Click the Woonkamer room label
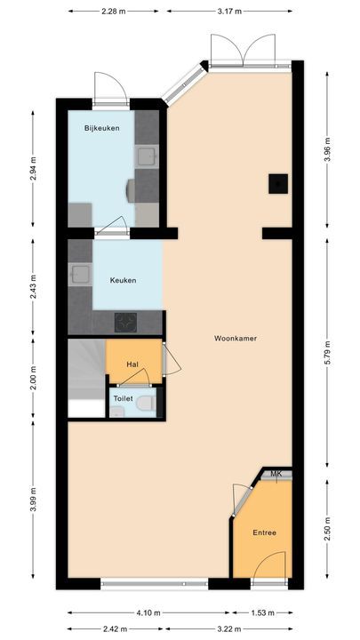[x=230, y=339]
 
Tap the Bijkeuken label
[x=101, y=128]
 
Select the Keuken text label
[x=123, y=280]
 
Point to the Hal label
[x=132, y=364]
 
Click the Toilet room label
[x=123, y=399]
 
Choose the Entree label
[x=264, y=533]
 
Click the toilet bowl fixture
[x=148, y=404]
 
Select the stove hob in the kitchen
[x=124, y=323]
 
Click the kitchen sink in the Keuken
[x=80, y=275]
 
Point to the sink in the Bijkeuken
[x=147, y=158]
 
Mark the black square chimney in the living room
[x=278, y=184]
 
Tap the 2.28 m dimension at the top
[x=114, y=12]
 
